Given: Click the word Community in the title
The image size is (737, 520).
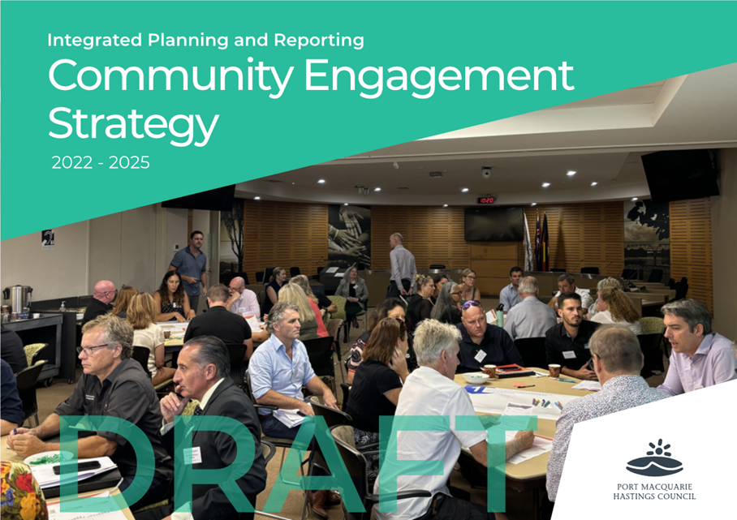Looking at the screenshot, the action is [170, 76].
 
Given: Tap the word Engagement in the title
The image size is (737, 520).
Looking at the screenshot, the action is [439, 78].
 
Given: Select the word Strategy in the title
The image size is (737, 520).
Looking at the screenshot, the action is [133, 124].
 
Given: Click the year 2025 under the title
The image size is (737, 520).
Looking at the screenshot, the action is [129, 162].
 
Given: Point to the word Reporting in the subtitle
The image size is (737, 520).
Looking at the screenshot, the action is [319, 41].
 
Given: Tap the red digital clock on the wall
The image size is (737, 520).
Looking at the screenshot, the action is [486, 200].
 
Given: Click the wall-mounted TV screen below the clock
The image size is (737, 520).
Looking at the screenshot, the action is [493, 224].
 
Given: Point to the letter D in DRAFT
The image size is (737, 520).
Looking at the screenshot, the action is [106, 463].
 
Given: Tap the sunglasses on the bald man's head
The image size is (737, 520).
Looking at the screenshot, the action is [471, 304].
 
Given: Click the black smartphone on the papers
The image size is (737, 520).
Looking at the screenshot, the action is [76, 467].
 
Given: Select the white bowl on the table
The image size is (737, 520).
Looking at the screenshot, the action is [476, 378].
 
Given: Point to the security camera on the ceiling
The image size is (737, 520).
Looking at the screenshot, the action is [486, 172].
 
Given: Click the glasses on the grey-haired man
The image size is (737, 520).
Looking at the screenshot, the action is [92, 349].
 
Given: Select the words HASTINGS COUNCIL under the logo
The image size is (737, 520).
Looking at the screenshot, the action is [654, 496].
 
